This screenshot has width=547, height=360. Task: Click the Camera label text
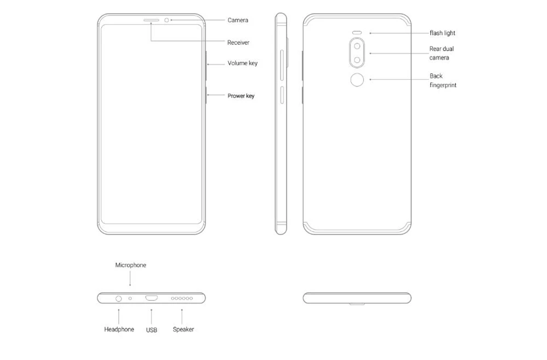(x=238, y=20)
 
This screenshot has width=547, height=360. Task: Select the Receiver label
(x=238, y=43)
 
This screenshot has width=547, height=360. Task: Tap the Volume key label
(x=242, y=63)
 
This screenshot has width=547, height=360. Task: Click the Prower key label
(x=241, y=96)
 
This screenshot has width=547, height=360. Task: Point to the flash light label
(x=443, y=33)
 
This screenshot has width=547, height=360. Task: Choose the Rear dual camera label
(x=441, y=53)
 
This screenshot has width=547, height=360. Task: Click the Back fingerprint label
(x=443, y=80)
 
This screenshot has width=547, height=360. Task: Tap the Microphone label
(x=131, y=265)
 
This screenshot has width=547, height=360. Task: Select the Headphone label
(x=119, y=329)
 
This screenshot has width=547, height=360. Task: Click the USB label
(x=152, y=330)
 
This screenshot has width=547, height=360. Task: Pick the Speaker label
(x=183, y=329)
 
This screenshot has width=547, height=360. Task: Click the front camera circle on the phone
(x=166, y=20)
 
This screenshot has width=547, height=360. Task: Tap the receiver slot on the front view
(x=151, y=20)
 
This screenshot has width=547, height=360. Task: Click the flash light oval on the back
(x=357, y=33)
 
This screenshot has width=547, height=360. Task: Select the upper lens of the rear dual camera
(x=357, y=46)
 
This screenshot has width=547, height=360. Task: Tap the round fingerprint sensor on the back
(x=357, y=80)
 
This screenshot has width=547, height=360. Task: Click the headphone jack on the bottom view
(x=119, y=299)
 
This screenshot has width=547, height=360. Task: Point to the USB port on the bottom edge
(x=152, y=298)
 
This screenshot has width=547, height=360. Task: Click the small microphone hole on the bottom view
(x=130, y=299)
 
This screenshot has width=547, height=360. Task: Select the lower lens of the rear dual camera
(x=357, y=60)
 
